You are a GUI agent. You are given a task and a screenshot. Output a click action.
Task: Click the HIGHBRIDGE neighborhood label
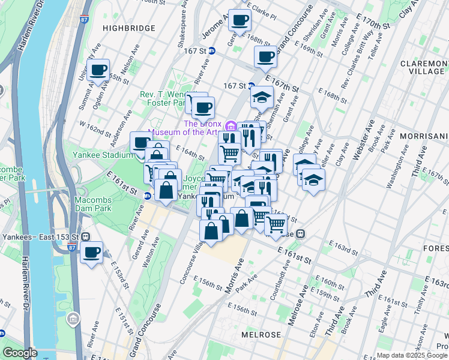pos(128,28)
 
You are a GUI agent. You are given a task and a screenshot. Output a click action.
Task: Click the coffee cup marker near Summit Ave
pos(98,70)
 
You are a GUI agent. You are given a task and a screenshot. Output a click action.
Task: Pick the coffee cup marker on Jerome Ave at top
pos(240,20)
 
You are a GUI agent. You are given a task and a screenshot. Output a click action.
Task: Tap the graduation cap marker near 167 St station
pos(262,97)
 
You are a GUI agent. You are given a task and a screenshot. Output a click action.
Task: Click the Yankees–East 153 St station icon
pos(86,236)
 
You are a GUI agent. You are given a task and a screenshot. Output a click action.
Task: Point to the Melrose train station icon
pos(303,233)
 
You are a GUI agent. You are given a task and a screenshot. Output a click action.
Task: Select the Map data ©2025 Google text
pos(412,355)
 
